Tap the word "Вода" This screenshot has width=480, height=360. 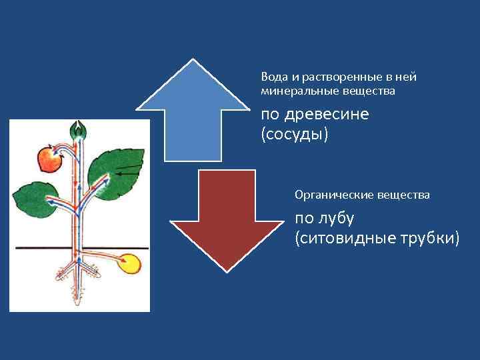point(274,77)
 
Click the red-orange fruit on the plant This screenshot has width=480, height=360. point(49,159)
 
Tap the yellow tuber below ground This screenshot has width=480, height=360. point(131,264)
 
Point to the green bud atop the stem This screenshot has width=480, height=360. point(80,129)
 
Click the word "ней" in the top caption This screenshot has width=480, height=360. point(407,77)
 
